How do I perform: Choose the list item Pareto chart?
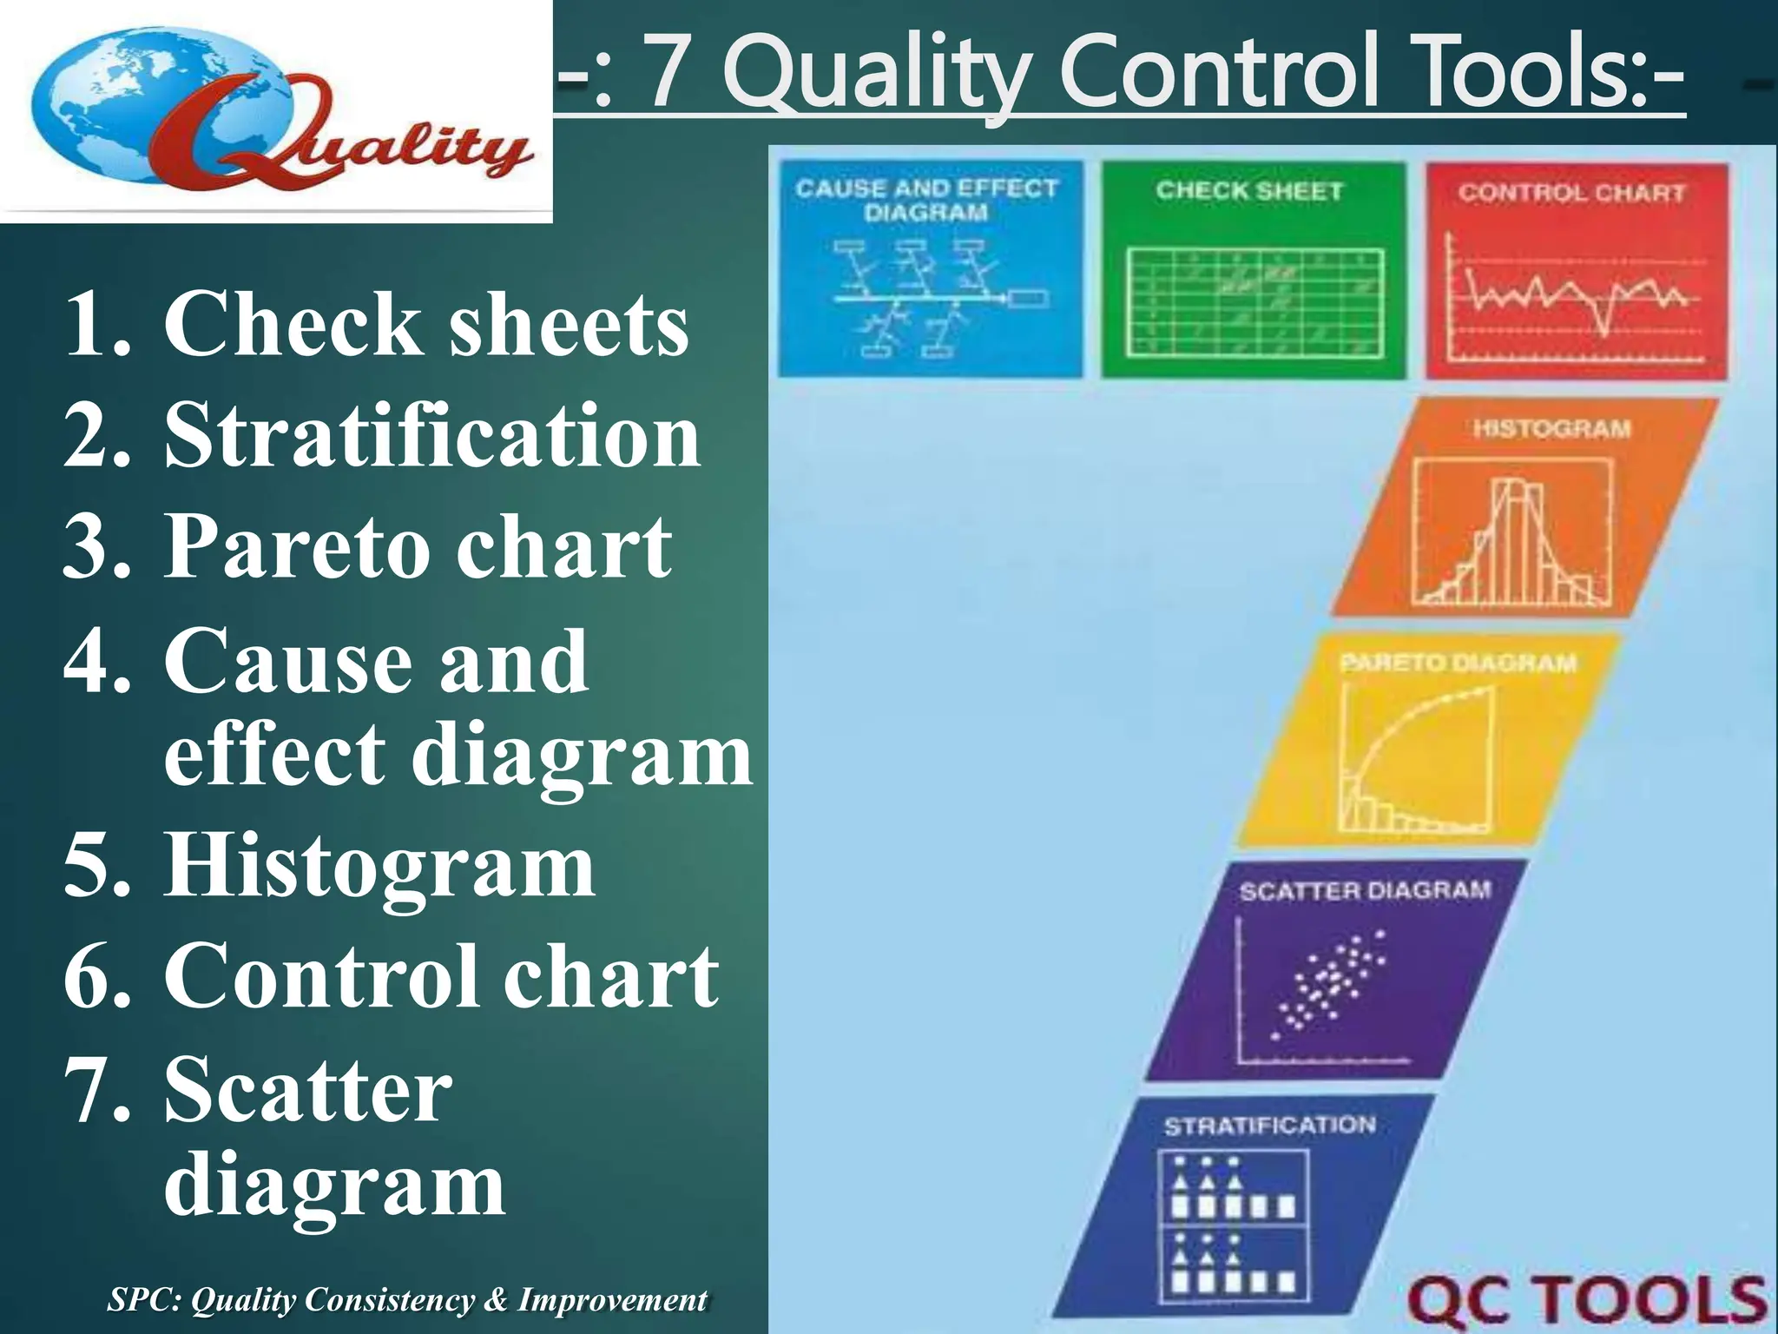(x=418, y=545)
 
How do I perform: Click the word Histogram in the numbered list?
(x=379, y=865)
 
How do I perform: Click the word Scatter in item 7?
(x=308, y=1089)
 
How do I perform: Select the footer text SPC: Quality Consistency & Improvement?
(x=406, y=1300)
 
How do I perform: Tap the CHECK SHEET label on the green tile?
(x=1249, y=191)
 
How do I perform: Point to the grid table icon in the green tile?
(x=1254, y=302)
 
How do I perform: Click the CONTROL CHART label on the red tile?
(x=1571, y=193)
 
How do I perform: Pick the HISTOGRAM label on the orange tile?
(x=1551, y=429)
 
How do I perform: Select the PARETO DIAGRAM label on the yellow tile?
(x=1458, y=664)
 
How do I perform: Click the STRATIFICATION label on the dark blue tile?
(x=1270, y=1126)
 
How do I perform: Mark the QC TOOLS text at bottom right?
(x=1586, y=1300)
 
